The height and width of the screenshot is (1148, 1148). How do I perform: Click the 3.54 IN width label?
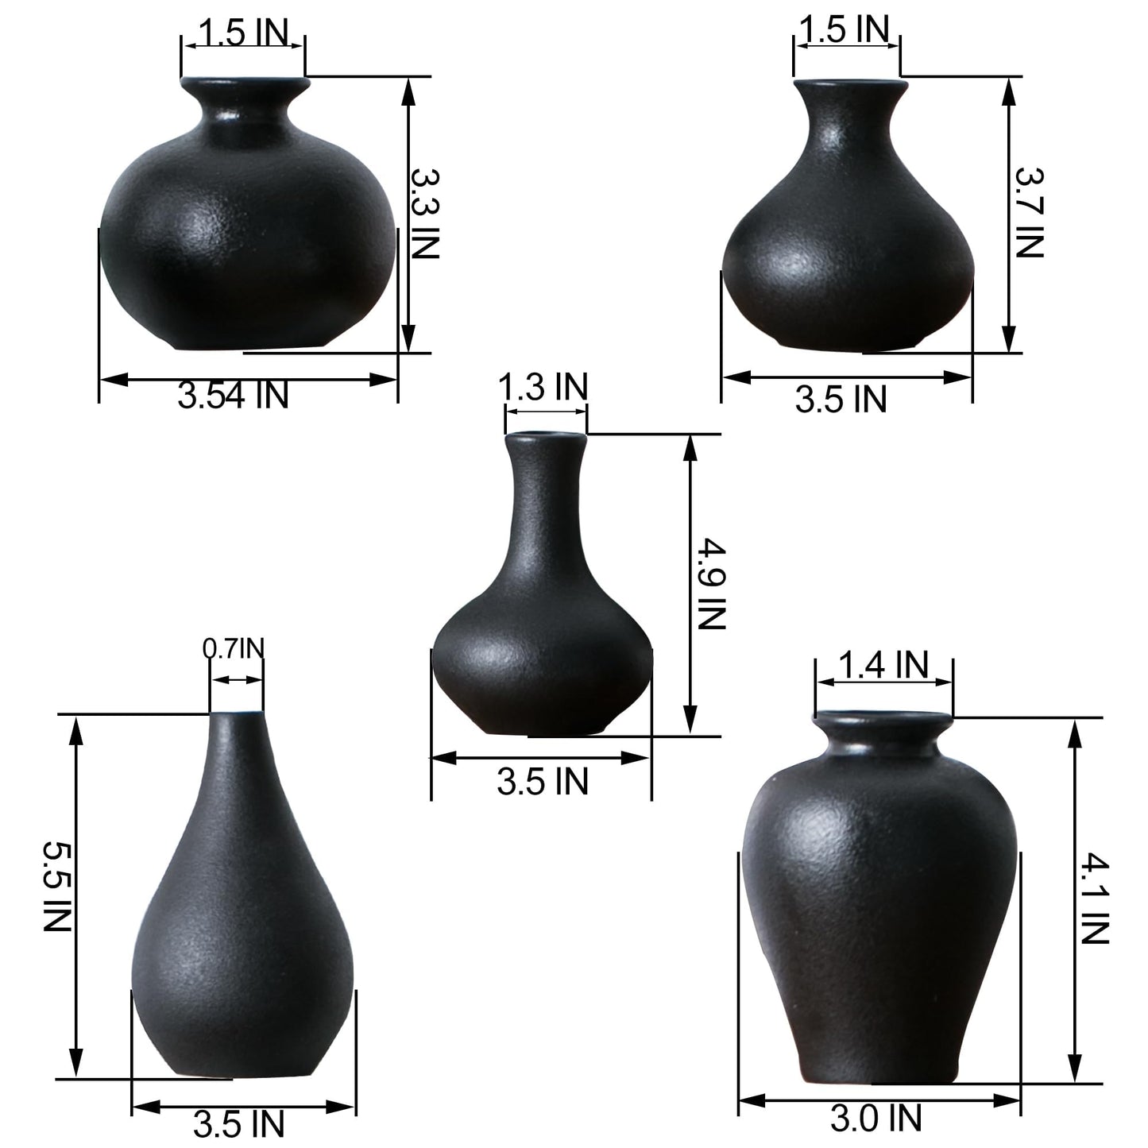233,395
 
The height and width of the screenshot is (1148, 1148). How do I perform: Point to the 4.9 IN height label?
712,584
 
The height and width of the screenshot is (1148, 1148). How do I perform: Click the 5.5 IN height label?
57,887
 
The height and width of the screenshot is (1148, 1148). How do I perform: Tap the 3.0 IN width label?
876,1119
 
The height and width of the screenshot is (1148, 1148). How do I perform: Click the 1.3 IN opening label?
543,388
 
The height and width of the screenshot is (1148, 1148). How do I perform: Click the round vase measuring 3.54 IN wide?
246,238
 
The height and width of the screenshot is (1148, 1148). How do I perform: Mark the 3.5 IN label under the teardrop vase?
238,1124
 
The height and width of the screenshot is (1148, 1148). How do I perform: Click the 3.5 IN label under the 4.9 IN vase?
543,782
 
